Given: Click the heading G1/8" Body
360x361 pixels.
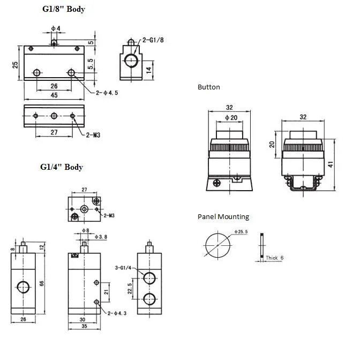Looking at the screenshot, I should pos(63,9).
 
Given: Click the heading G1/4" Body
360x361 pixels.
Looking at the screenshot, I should pos(62,167).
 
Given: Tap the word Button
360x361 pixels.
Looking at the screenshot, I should pos(208,87).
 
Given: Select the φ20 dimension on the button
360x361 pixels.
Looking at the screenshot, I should pos(230,117).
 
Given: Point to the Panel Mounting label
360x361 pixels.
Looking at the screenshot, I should pos(223,216).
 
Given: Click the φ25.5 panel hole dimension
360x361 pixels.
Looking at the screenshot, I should pos(241,231).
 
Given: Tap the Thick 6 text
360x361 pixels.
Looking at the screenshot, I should pos(274,258).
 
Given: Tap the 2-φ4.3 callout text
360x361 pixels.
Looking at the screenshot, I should pos(117,313).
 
